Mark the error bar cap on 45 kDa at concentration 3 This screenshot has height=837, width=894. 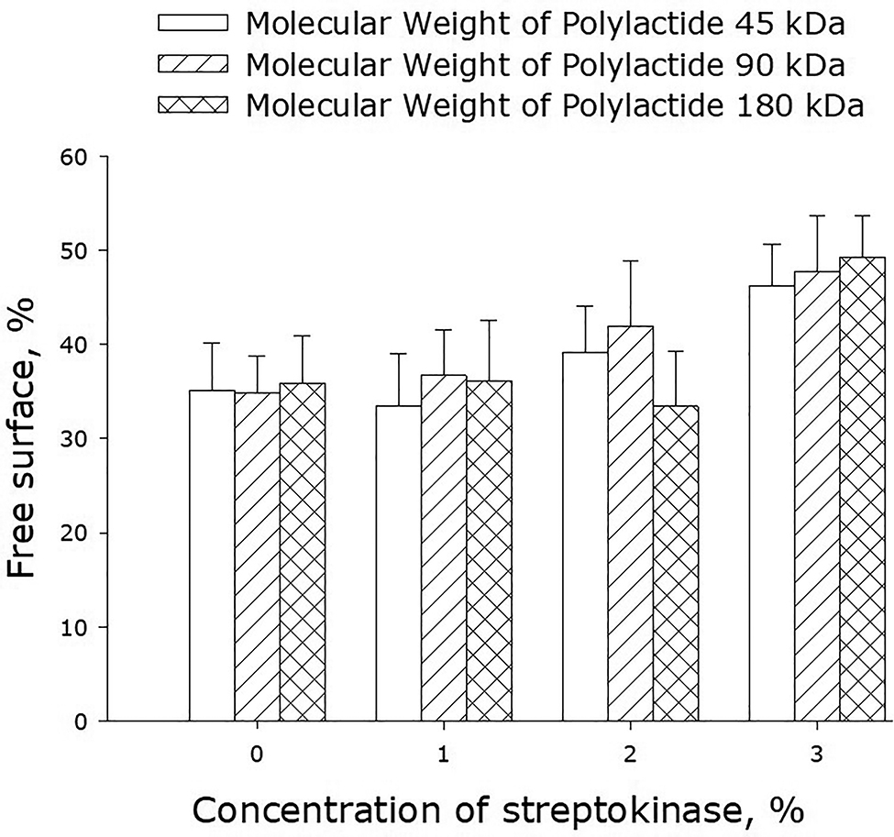(771, 245)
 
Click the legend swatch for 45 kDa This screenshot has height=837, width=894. (192, 22)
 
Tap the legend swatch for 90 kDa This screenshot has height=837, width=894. (192, 65)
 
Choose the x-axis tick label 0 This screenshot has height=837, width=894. (258, 754)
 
